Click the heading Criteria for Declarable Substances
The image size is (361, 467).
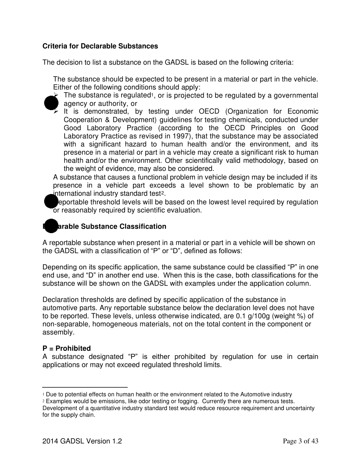click(100, 46)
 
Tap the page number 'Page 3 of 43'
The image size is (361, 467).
click(301, 441)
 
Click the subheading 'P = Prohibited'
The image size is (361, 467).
click(66, 349)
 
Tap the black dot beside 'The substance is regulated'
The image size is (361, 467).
click(51, 103)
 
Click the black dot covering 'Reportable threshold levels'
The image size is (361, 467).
click(51, 202)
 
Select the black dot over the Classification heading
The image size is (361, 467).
click(51, 226)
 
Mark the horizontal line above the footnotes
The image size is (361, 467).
click(85, 388)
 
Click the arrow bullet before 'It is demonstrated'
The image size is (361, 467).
click(56, 112)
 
